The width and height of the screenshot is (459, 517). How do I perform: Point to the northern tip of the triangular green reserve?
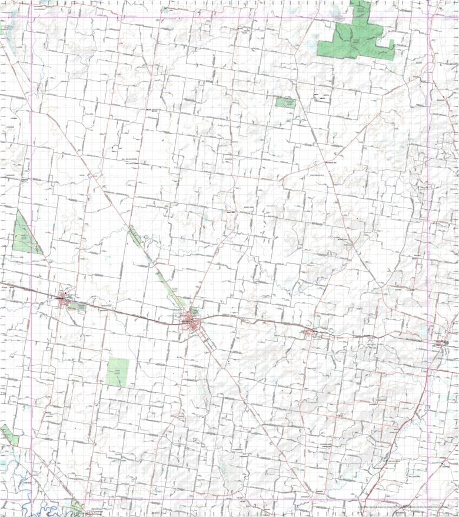(18, 211)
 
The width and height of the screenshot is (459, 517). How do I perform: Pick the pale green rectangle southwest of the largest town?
(118, 372)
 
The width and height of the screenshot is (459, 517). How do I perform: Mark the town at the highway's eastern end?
(440, 343)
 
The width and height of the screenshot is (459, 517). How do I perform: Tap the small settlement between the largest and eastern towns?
(315, 333)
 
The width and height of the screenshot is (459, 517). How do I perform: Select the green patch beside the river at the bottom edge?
(76, 507)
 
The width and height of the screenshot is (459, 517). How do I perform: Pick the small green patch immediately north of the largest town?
(194, 310)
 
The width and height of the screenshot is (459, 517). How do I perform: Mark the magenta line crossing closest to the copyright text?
(427, 499)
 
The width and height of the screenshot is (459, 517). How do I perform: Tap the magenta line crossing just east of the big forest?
(427, 17)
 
